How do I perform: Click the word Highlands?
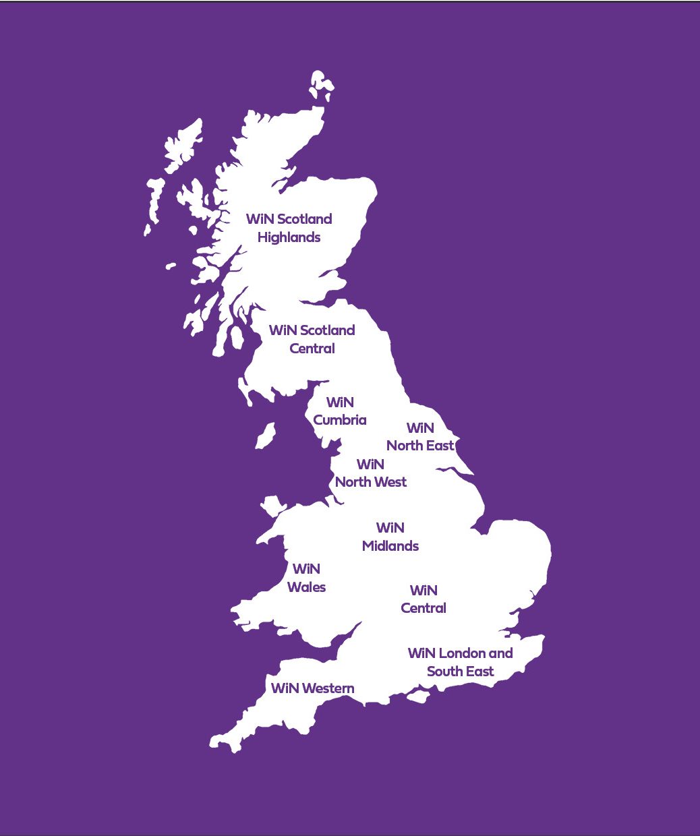pos(289,237)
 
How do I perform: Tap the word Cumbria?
pos(340,420)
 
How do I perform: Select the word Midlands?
pos(390,546)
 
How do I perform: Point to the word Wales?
pos(306,587)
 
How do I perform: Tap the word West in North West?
pos(390,482)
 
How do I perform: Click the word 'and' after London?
pos(500,653)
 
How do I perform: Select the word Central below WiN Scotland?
pos(312,349)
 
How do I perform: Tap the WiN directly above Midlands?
pos(390,528)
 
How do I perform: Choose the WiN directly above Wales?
pos(306,569)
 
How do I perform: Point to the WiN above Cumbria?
pos(340,402)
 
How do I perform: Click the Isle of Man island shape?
pos(266,436)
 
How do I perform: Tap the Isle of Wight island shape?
pos(418,696)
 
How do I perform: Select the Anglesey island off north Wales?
pos(273,505)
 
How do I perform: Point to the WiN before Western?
pos(285,688)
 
